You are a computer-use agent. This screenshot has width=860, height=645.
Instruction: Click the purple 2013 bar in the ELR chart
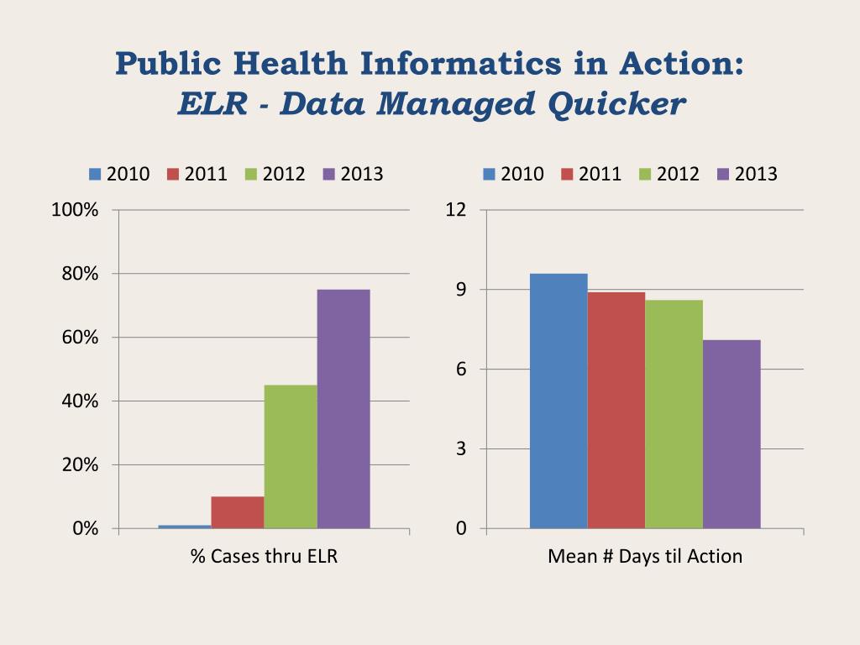click(x=343, y=409)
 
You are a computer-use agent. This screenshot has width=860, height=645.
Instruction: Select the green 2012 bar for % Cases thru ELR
click(x=291, y=457)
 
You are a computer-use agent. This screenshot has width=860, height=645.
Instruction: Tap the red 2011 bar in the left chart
click(x=238, y=512)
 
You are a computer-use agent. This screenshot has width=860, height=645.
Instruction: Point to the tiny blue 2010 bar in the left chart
click(x=185, y=527)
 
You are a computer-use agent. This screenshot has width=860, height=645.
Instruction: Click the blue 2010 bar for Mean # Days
click(x=558, y=401)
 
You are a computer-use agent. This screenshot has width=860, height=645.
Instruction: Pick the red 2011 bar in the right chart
click(x=616, y=411)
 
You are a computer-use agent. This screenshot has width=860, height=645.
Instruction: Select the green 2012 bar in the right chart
click(x=674, y=414)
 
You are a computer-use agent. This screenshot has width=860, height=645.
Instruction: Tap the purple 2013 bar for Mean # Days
click(x=732, y=434)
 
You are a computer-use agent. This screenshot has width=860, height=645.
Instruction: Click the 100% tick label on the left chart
click(x=75, y=210)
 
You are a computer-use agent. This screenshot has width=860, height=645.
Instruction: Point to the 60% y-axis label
click(x=80, y=338)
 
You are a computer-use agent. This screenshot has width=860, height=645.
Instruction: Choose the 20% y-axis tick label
click(x=80, y=465)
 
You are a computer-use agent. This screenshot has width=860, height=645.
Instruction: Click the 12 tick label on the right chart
click(x=455, y=210)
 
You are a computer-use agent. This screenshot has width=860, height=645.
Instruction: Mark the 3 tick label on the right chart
click(x=460, y=449)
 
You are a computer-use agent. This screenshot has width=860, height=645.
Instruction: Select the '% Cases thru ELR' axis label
click(x=264, y=556)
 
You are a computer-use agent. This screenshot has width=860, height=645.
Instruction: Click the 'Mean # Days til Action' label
click(x=645, y=556)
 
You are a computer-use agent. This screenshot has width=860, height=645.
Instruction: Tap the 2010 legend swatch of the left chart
click(x=95, y=175)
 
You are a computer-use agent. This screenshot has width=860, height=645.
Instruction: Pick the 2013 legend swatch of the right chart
click(x=723, y=175)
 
